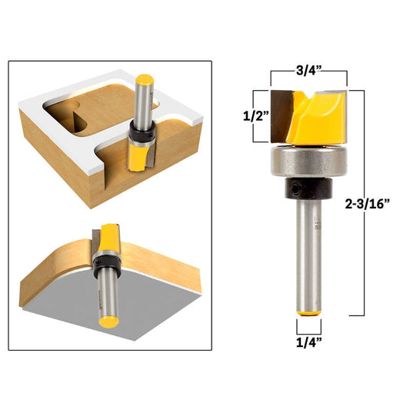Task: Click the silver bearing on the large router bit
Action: [x=308, y=163]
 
